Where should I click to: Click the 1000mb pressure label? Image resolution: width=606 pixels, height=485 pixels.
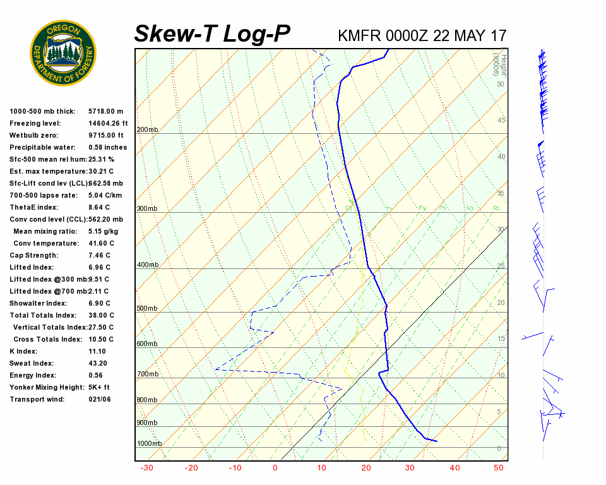click(149, 443)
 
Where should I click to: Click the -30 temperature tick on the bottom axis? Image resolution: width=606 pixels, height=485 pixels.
click(146, 468)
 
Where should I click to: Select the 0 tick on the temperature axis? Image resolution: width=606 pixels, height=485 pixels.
click(275, 468)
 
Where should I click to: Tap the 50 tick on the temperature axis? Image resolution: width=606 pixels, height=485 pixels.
click(499, 468)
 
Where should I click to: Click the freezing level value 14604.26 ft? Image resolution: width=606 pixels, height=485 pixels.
click(108, 123)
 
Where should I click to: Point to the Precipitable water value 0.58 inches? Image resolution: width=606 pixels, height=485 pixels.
click(107, 147)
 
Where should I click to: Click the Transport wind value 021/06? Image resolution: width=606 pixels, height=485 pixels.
click(100, 399)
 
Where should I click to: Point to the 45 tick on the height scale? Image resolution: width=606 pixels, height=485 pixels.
click(501, 120)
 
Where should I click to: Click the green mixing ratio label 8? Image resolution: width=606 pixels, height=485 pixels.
click(497, 208)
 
